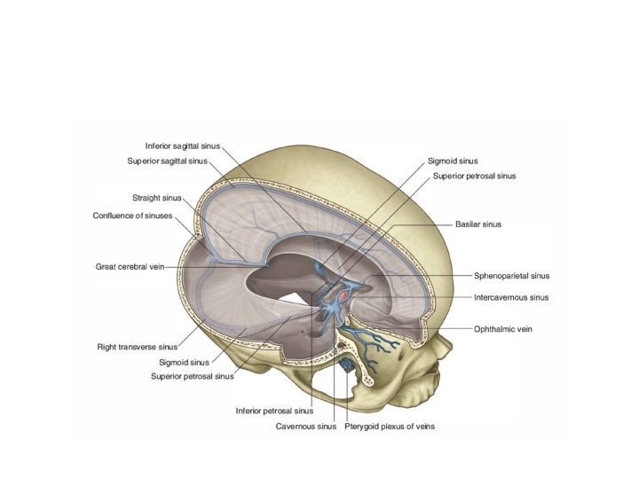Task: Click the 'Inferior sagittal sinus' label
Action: (182, 145)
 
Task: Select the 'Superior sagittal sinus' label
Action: (167, 161)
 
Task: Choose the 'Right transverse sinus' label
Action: (138, 346)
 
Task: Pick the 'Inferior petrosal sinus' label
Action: (274, 411)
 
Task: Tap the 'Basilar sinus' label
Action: (477, 224)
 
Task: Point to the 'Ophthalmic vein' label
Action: (500, 329)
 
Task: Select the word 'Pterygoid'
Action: (363, 426)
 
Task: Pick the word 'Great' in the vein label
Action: (106, 266)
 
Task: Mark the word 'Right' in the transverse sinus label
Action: (107, 346)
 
